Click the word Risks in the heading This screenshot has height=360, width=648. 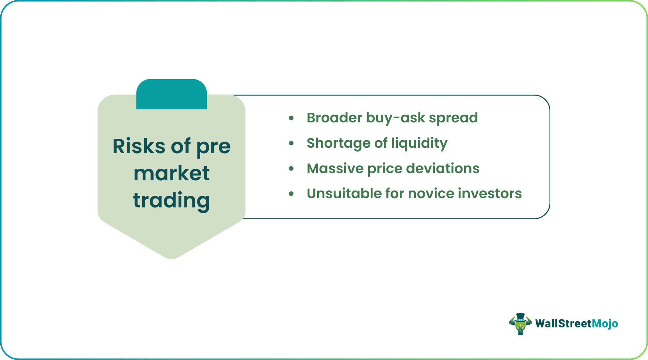pos(139,146)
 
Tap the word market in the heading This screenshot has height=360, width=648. pos(171,173)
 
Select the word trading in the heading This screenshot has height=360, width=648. pos(171,201)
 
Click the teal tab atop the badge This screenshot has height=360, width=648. pos(171,94)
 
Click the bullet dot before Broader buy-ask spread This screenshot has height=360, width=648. pos(291,118)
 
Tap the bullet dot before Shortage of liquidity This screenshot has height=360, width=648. pos(291,143)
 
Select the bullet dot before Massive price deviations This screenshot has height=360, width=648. pos(291,168)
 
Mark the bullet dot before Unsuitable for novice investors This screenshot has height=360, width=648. pos(291,194)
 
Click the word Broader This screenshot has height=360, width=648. pos(334,118)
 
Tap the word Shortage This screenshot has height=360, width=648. pos(337,143)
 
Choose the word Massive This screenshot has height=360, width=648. pos(335,169)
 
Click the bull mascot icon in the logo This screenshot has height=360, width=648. pos(520,324)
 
